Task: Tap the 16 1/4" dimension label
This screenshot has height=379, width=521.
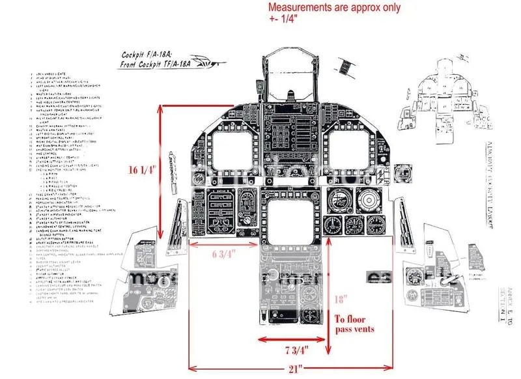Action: pos(142,171)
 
